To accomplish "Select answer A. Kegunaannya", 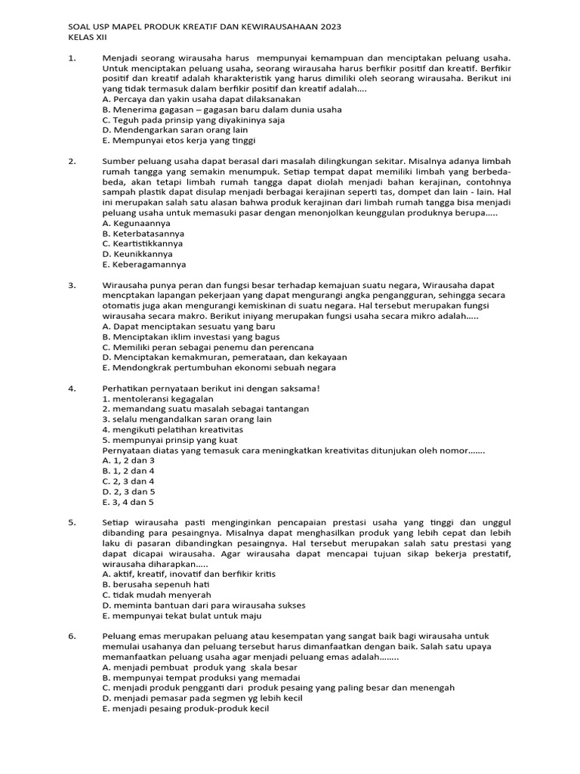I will [x=136, y=223].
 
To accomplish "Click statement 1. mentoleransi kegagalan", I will [x=158, y=398].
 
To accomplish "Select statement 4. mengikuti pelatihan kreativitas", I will [x=173, y=429].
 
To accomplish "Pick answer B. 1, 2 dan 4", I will [x=128, y=470].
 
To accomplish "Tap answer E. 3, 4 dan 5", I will [x=128, y=501].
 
